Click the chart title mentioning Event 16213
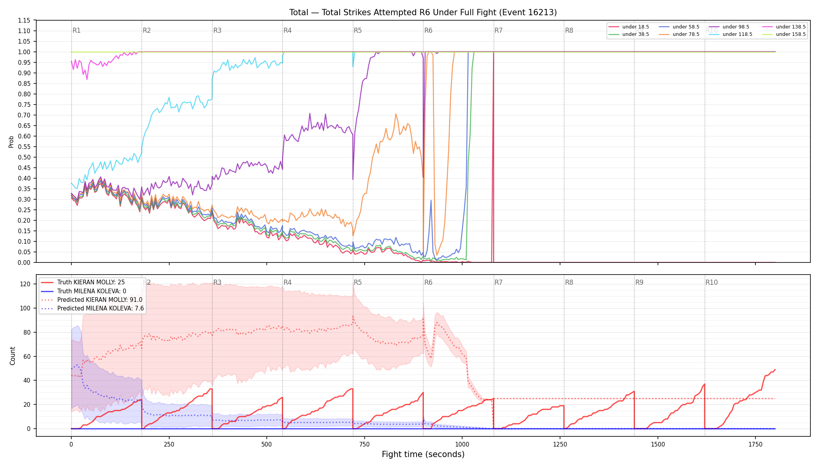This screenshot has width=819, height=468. (x=423, y=12)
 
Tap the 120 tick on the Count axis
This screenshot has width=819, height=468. (x=25, y=284)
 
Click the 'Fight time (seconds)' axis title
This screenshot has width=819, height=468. (x=423, y=454)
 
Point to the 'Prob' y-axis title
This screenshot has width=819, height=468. (x=11, y=142)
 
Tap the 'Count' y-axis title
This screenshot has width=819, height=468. (x=12, y=356)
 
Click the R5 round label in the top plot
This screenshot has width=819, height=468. (x=358, y=30)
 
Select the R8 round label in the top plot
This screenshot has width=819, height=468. (x=569, y=30)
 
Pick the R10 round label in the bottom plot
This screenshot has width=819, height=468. (x=711, y=282)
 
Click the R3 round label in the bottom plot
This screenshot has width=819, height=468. (x=217, y=282)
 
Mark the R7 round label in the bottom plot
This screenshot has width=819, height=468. (x=498, y=282)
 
